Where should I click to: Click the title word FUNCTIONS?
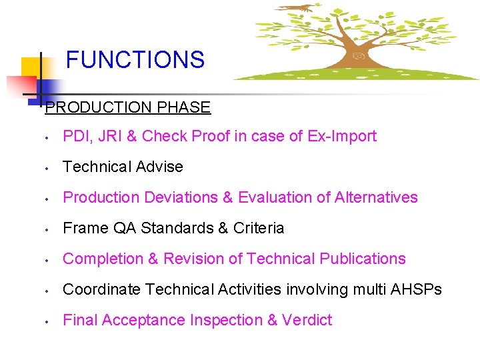[135, 60]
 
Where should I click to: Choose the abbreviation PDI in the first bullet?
[75, 136]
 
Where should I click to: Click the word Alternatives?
[376, 197]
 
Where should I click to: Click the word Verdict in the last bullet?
[307, 320]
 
